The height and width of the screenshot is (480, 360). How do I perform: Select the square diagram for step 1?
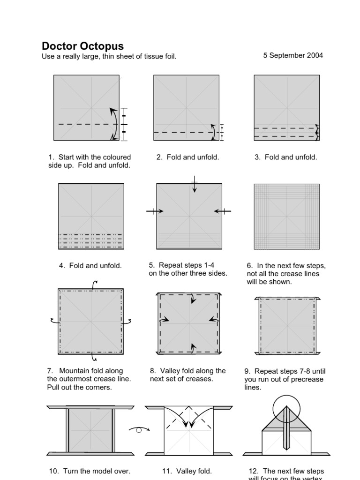coord(86,107)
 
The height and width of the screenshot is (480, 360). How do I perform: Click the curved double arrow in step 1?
coord(114,124)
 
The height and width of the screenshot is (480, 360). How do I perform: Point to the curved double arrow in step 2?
coord(213,132)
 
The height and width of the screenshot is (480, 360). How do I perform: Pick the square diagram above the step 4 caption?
coord(91,216)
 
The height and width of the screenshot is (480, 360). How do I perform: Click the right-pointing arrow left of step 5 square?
coord(155,211)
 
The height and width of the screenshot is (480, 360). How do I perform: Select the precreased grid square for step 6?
coord(287,216)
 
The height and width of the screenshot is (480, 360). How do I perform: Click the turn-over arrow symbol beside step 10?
coord(139,428)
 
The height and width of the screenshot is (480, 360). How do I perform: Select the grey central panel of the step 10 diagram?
coord(91,431)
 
